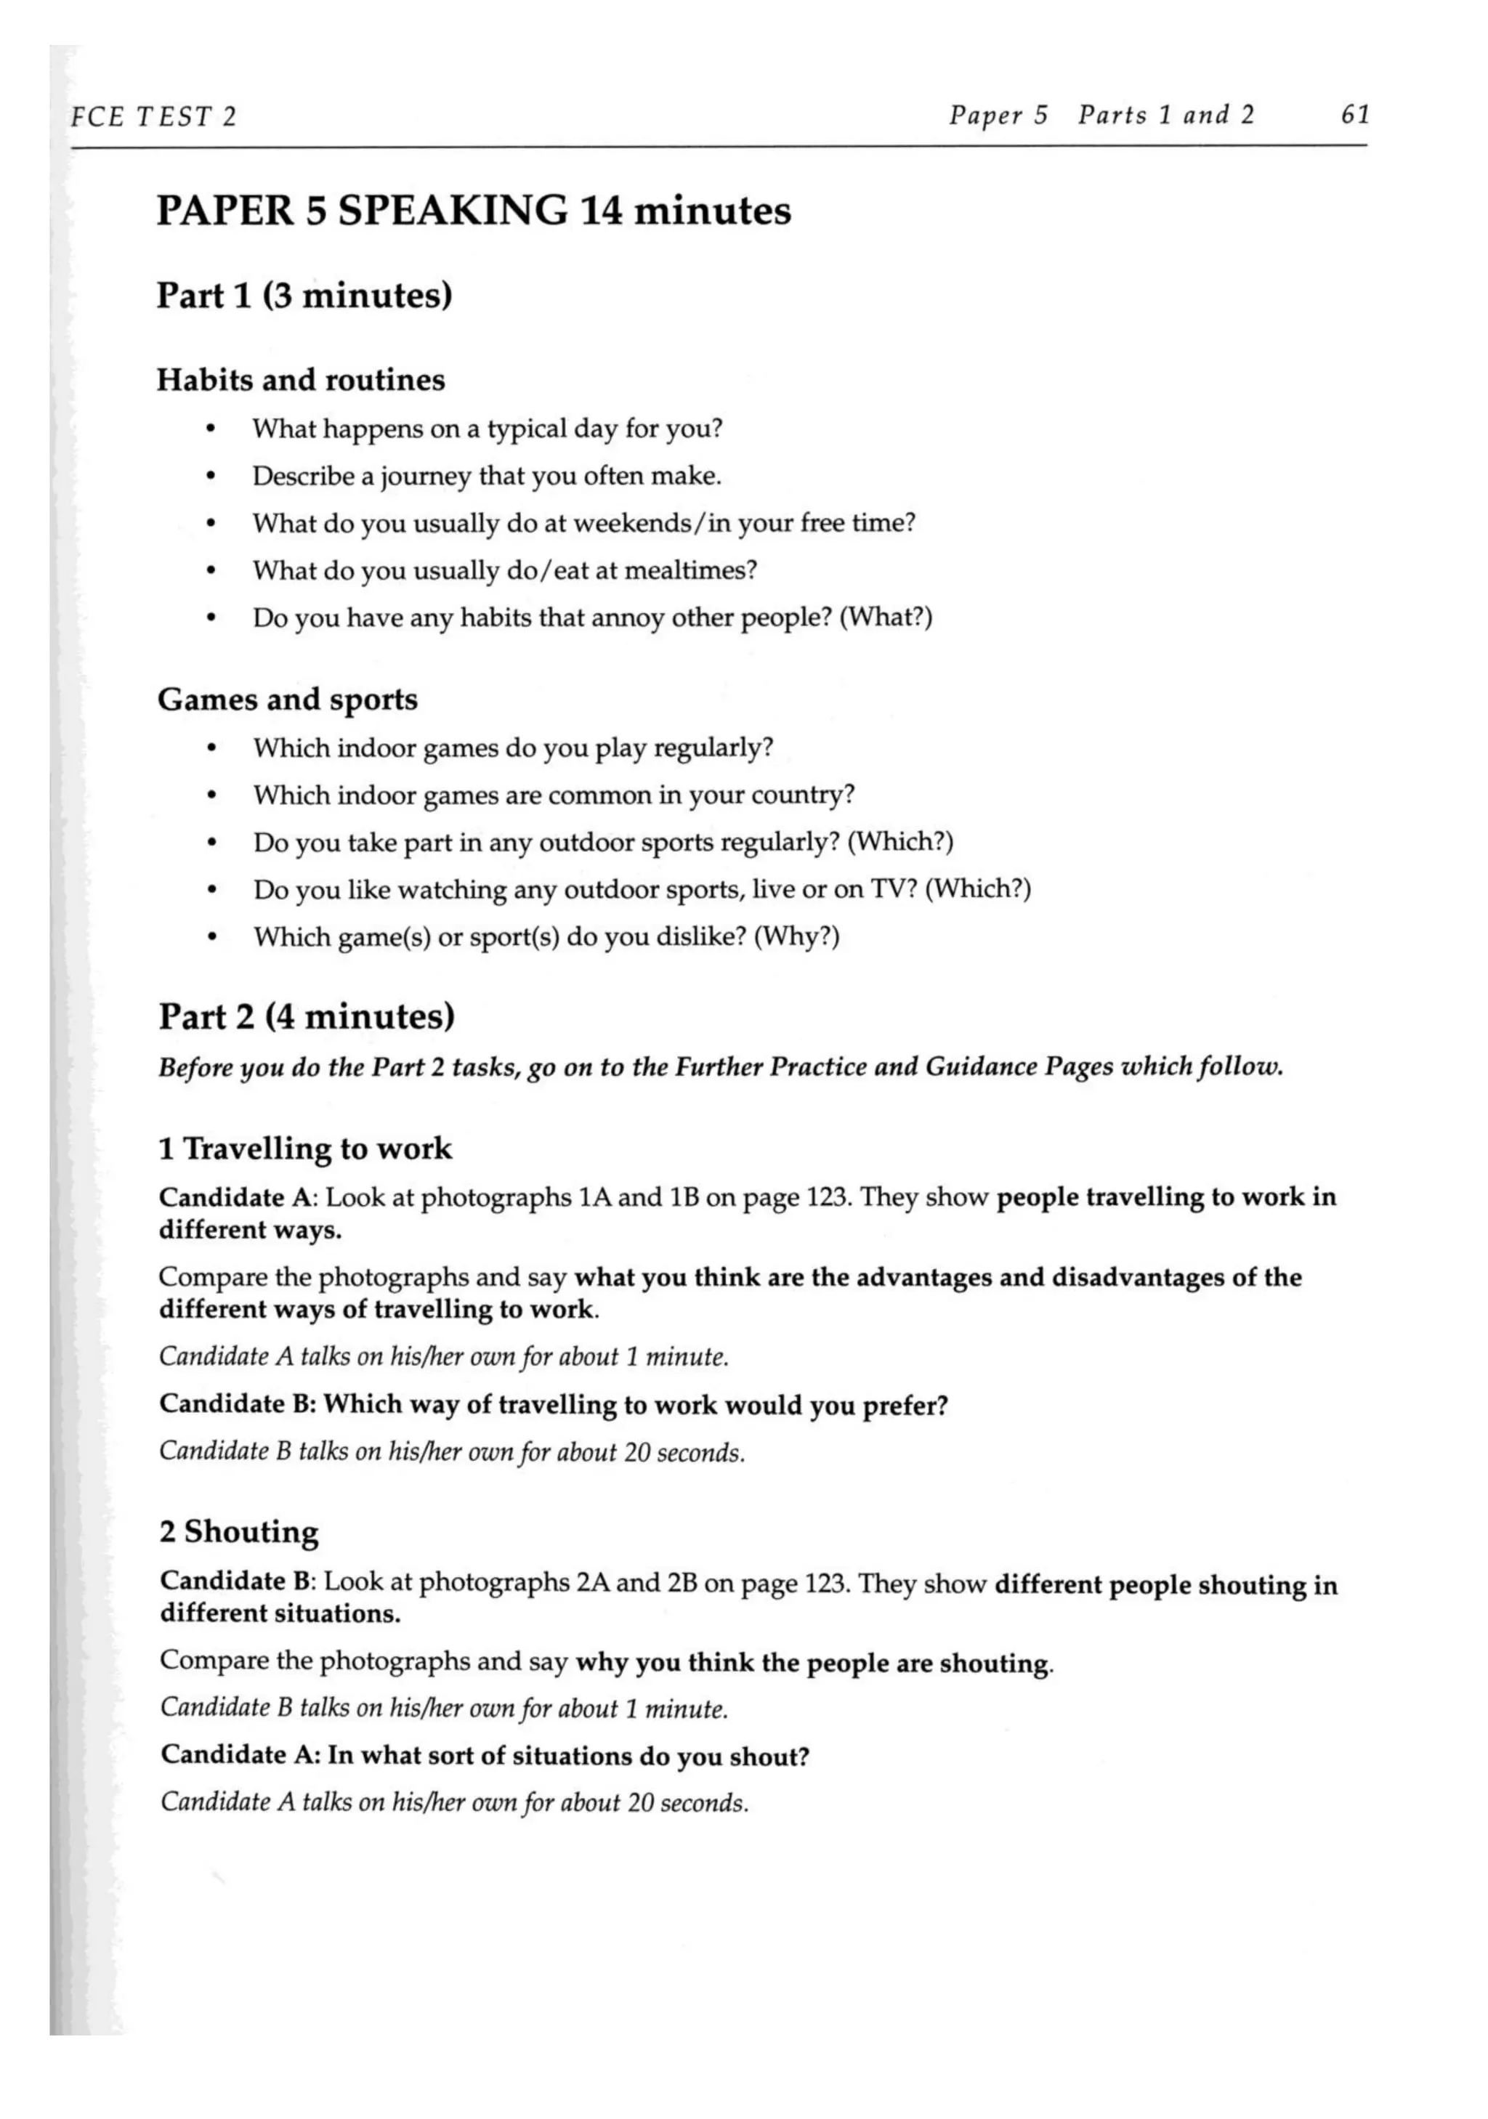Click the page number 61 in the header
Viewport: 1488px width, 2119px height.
[x=1354, y=116]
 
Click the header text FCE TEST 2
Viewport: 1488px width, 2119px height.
[x=153, y=117]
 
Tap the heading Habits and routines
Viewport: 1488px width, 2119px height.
[x=300, y=380]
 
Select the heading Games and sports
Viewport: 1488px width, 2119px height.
[x=287, y=700]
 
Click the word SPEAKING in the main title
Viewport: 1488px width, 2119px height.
[x=453, y=211]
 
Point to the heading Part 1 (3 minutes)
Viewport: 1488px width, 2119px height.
[x=304, y=296]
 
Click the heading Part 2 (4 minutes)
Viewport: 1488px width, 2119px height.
[x=307, y=1017]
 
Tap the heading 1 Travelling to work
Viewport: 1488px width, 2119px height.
[x=304, y=1149]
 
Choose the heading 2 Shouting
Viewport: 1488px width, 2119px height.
[x=238, y=1532]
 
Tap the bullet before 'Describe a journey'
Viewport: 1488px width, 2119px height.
[x=211, y=478]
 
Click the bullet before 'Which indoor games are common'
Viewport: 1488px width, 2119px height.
[x=212, y=796]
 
